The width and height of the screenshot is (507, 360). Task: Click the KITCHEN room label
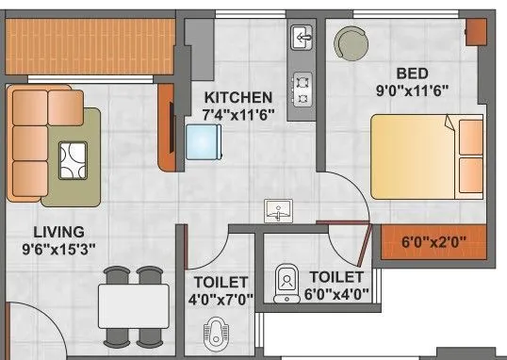pos(238,97)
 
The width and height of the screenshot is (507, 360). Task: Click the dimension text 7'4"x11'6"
pos(238,114)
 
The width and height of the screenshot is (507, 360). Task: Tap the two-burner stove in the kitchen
pos(303,89)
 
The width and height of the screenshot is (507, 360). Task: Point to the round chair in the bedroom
pos(352,41)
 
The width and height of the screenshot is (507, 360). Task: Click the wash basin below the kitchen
pos(278,211)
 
